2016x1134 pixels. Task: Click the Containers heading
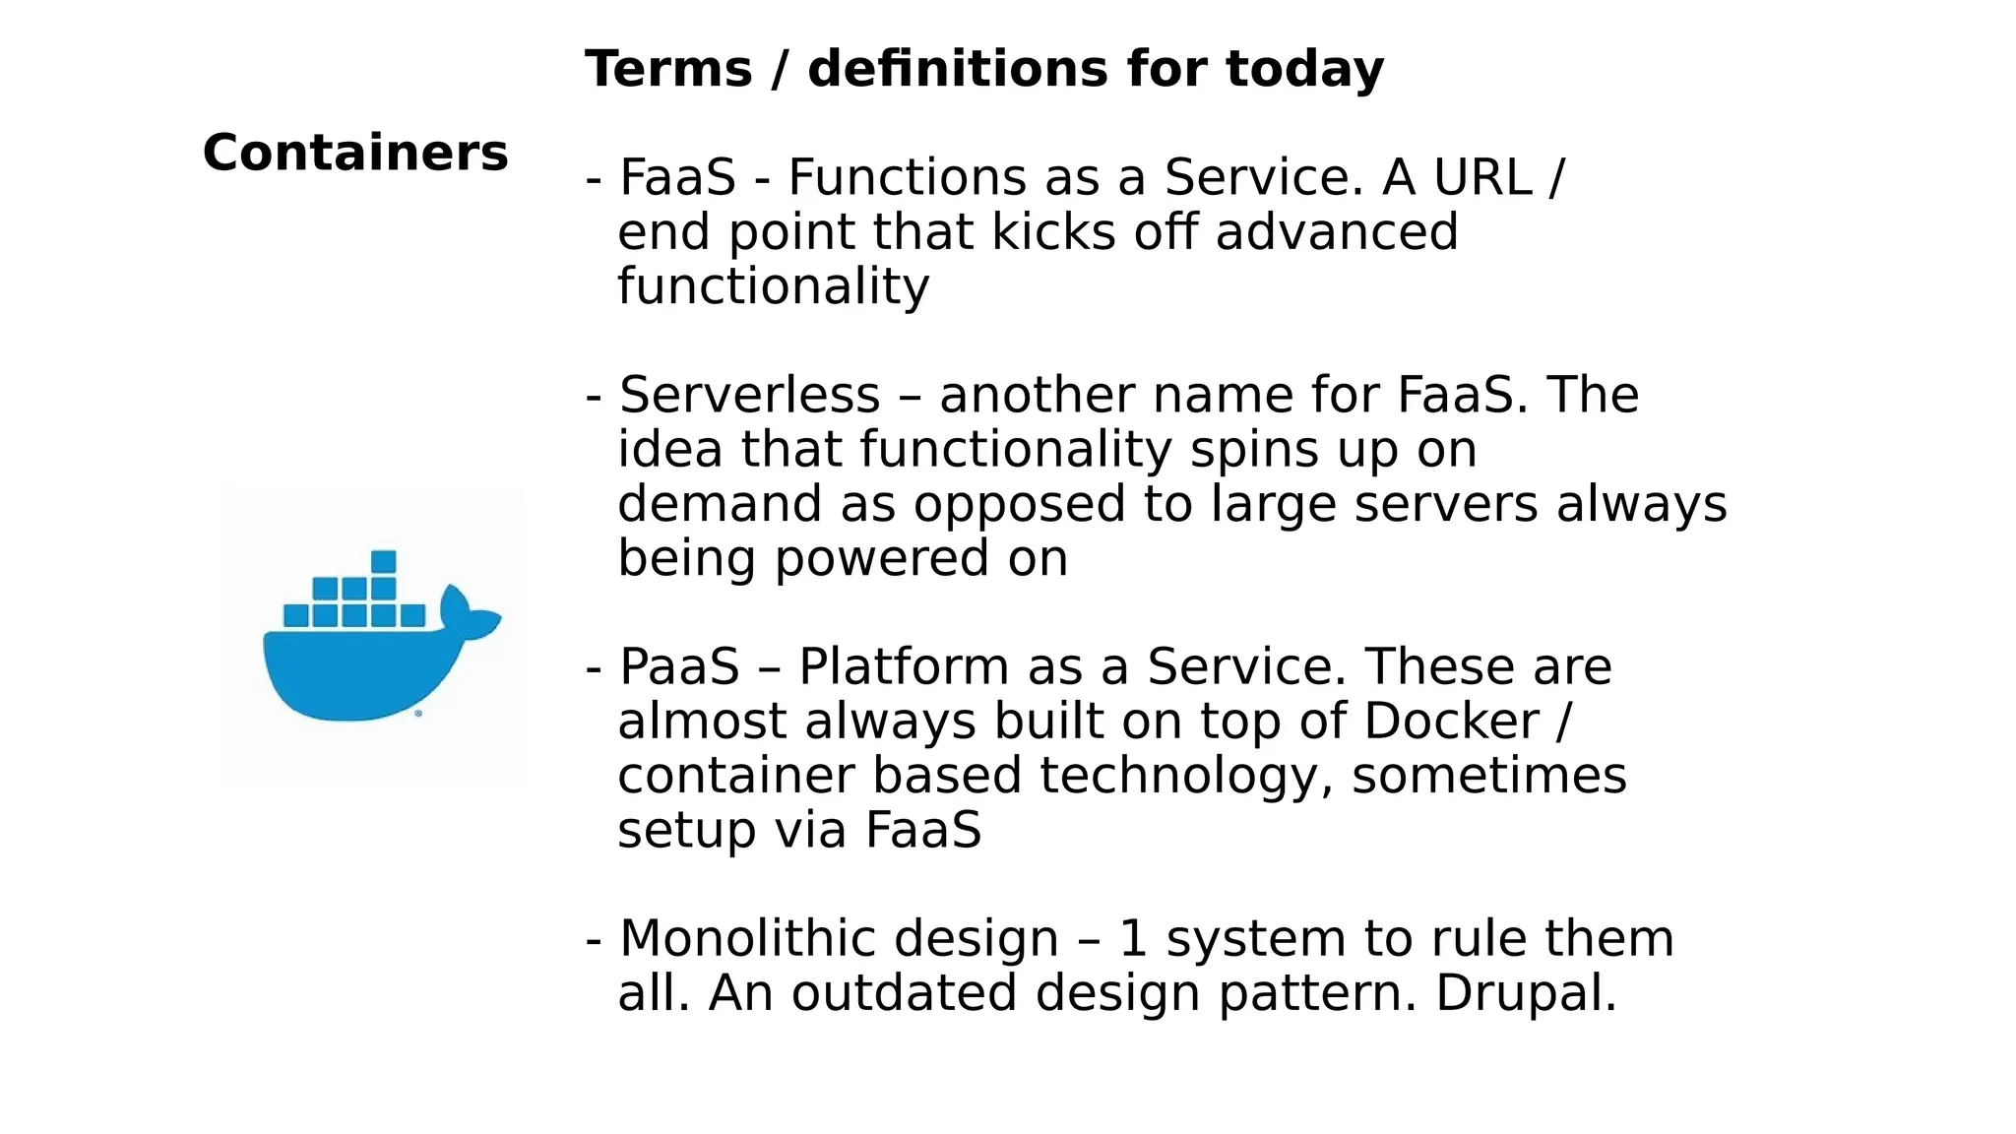(355, 154)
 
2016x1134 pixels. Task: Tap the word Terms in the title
(668, 70)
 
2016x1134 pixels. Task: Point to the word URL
(1482, 178)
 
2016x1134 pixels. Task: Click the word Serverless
(749, 396)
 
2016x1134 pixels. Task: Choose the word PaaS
(679, 667)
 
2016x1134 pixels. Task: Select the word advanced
(1336, 233)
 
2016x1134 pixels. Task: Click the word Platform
(903, 667)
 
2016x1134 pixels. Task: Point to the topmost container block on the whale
(384, 562)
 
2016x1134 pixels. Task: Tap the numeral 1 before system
(1133, 939)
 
